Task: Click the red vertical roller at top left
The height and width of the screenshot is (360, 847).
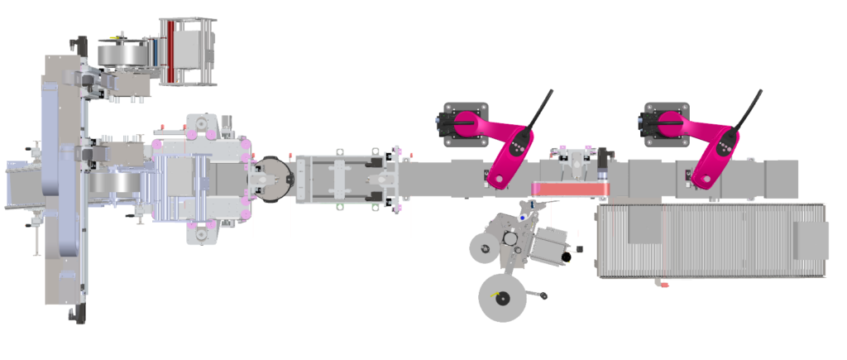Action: click(x=171, y=51)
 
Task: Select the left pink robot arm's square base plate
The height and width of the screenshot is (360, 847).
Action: click(x=466, y=124)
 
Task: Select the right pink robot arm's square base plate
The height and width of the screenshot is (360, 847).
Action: click(x=667, y=124)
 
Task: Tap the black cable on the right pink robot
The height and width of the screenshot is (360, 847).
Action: click(x=748, y=108)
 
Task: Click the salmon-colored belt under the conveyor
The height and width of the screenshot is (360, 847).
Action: click(x=571, y=190)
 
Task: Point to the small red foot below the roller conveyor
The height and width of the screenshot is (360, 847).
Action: click(x=663, y=285)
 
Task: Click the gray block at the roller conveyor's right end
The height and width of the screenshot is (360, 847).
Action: click(x=811, y=241)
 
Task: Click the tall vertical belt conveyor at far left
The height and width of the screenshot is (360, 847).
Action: click(x=61, y=182)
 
